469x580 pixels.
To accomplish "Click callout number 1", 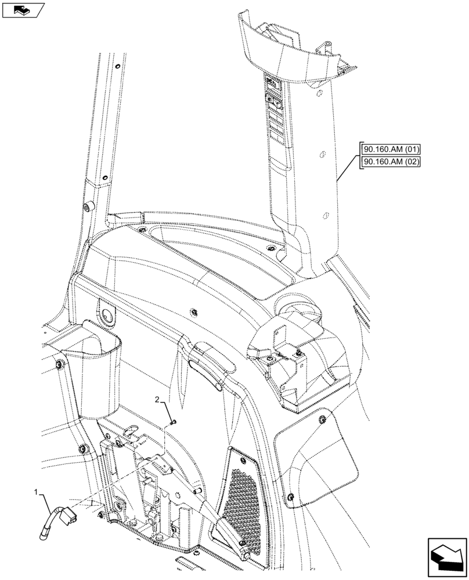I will (38, 493).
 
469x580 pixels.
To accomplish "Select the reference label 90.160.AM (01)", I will (389, 149).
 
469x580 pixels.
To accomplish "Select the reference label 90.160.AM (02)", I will (389, 162).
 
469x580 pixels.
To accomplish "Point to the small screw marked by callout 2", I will (173, 422).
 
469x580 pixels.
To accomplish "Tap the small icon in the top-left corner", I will (23, 10).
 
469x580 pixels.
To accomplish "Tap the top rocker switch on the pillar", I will (272, 82).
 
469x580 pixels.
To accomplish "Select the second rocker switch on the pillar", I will (273, 103).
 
